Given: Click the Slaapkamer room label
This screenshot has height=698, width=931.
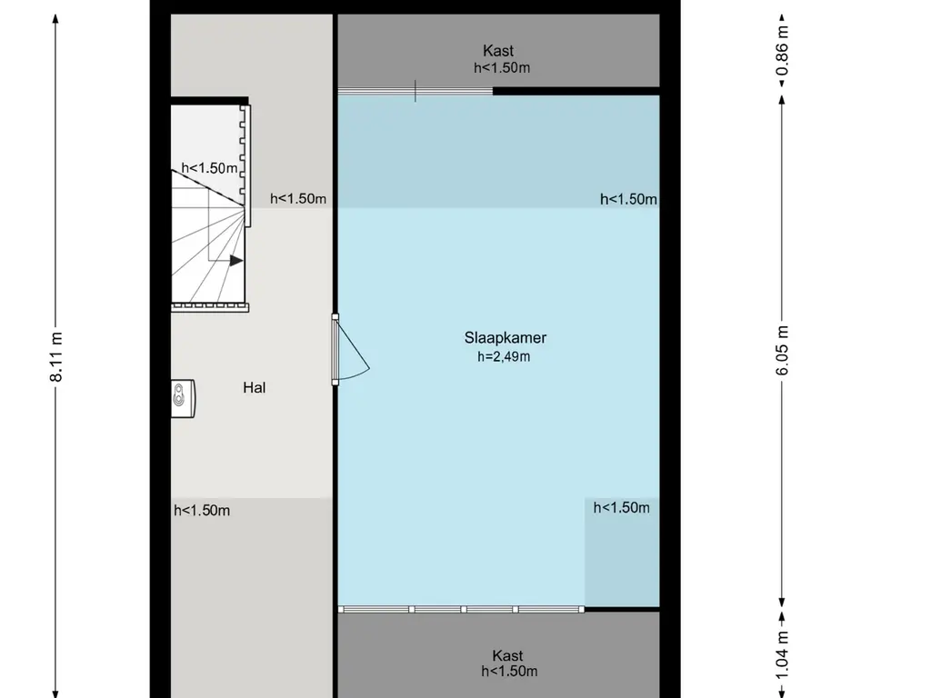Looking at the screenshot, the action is point(505,338).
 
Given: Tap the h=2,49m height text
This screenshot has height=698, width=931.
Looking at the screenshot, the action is point(504,356).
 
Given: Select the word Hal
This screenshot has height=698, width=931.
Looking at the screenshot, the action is point(255,387).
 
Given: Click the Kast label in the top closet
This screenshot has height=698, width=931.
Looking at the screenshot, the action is point(498,51).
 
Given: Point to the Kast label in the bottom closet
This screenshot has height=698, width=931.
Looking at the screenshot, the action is point(507,655).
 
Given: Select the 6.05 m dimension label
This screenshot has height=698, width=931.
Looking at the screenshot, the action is point(782,350).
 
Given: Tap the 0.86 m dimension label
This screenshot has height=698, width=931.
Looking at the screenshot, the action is point(782,51).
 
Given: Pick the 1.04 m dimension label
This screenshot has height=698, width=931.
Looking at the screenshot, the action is point(782,654).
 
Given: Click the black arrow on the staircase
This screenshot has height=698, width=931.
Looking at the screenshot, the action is point(236,261).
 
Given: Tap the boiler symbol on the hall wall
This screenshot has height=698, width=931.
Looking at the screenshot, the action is point(183,398).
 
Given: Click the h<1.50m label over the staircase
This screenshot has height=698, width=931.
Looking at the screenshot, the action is point(209,168).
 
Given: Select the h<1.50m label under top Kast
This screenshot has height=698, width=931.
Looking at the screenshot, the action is point(502,67).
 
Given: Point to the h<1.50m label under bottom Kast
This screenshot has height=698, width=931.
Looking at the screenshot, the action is point(509,672).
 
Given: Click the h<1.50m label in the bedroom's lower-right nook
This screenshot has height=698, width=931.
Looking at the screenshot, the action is point(621,507).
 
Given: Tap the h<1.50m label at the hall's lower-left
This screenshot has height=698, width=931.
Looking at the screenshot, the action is point(202,511).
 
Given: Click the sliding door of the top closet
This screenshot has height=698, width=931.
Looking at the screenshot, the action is point(415,91).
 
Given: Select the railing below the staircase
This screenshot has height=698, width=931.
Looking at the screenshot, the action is point(210,307).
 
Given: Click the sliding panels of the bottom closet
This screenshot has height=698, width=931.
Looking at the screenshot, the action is point(461,610).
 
